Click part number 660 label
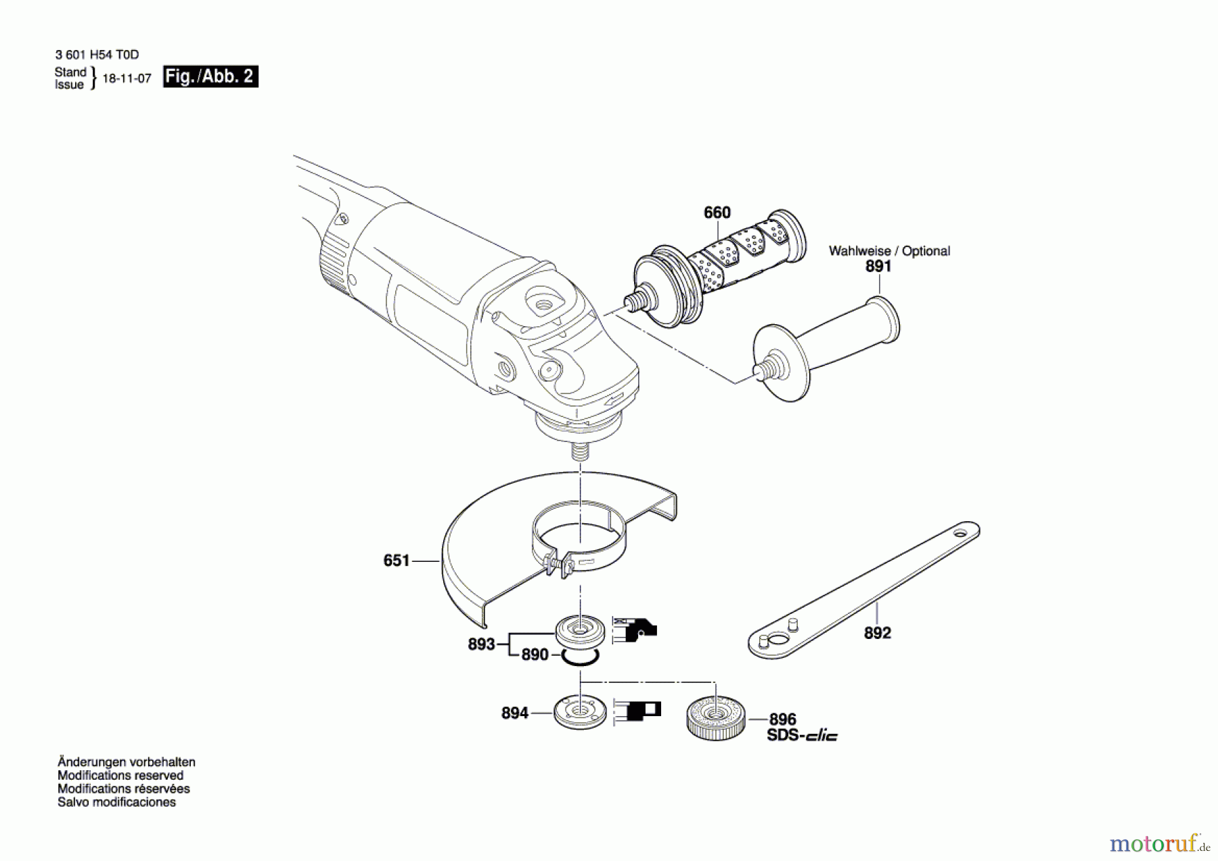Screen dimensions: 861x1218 click(717, 213)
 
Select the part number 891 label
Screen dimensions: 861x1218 click(878, 267)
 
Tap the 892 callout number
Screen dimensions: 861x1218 click(877, 633)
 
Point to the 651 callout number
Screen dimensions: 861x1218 click(397, 560)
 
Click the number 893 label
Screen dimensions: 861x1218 click(481, 644)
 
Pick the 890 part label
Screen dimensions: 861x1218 click(535, 655)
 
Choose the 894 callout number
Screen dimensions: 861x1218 click(514, 713)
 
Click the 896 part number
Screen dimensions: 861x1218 click(782, 719)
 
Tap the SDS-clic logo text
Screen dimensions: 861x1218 click(802, 736)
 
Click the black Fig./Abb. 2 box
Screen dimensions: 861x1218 click(210, 76)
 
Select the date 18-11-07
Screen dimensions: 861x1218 click(127, 79)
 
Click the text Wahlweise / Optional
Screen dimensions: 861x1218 click(888, 251)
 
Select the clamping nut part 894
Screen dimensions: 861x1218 click(579, 712)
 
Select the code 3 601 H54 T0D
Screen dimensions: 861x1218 click(97, 55)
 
